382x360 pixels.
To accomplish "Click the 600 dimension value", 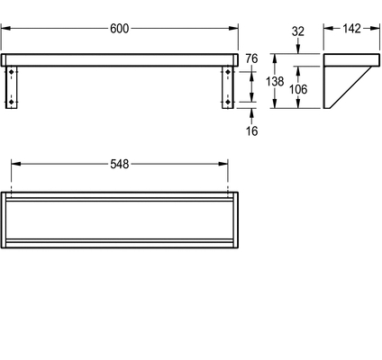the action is point(119,29).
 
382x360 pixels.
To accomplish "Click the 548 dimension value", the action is point(119,164).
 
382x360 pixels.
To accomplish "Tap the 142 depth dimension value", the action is point(351,29).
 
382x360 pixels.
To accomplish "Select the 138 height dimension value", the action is point(275,81).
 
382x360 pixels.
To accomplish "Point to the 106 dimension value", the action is point(298,89).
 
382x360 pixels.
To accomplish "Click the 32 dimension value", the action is point(298,31).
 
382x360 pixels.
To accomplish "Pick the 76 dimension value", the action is point(251,58).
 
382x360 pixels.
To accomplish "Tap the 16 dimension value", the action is point(251,130).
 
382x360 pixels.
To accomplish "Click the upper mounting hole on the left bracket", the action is point(12,72).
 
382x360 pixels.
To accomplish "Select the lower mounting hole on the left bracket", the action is point(12,103).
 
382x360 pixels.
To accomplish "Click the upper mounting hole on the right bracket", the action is point(228,72).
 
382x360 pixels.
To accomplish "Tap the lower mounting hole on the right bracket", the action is point(228,103).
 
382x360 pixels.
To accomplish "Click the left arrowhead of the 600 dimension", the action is point(6,28).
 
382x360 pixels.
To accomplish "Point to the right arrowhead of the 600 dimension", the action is point(233,28).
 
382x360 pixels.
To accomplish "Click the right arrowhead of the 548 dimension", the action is point(223,164).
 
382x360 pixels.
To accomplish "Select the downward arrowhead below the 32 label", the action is point(298,49).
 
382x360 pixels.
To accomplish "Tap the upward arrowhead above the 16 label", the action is point(251,113).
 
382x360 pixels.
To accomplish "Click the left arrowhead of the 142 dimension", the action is point(329,28).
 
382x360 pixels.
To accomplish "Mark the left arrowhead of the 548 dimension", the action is point(16,164).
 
